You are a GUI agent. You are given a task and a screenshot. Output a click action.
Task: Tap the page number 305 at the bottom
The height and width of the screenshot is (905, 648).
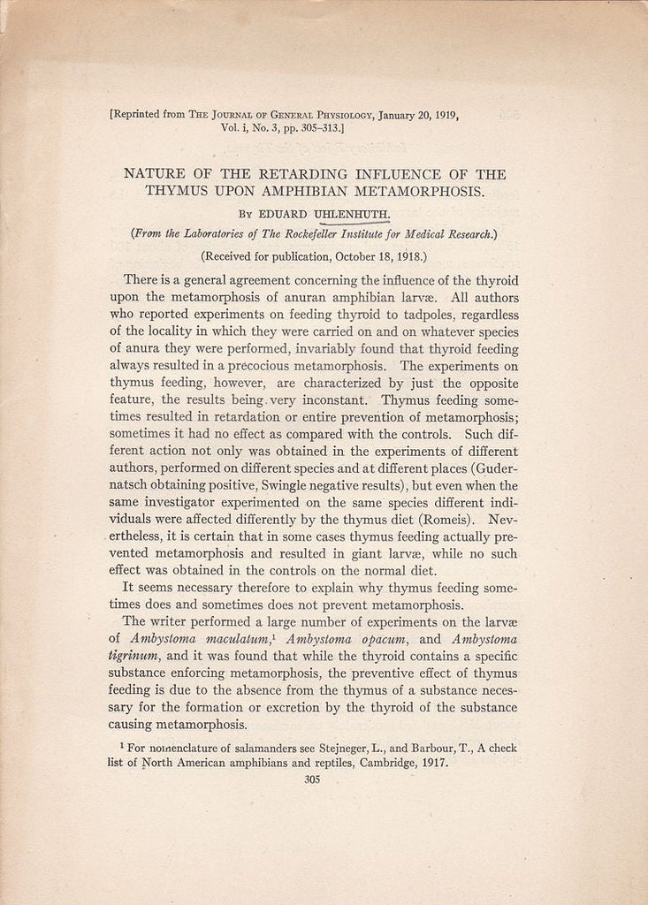(x=311, y=780)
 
